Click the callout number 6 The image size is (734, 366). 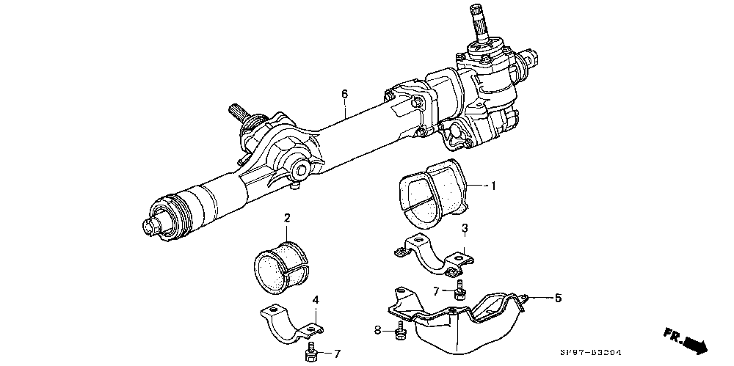(x=344, y=94)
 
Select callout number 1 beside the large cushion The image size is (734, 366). (x=493, y=186)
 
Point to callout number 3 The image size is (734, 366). (x=464, y=230)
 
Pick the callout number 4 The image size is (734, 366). (x=316, y=300)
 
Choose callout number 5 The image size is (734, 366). (x=558, y=298)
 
